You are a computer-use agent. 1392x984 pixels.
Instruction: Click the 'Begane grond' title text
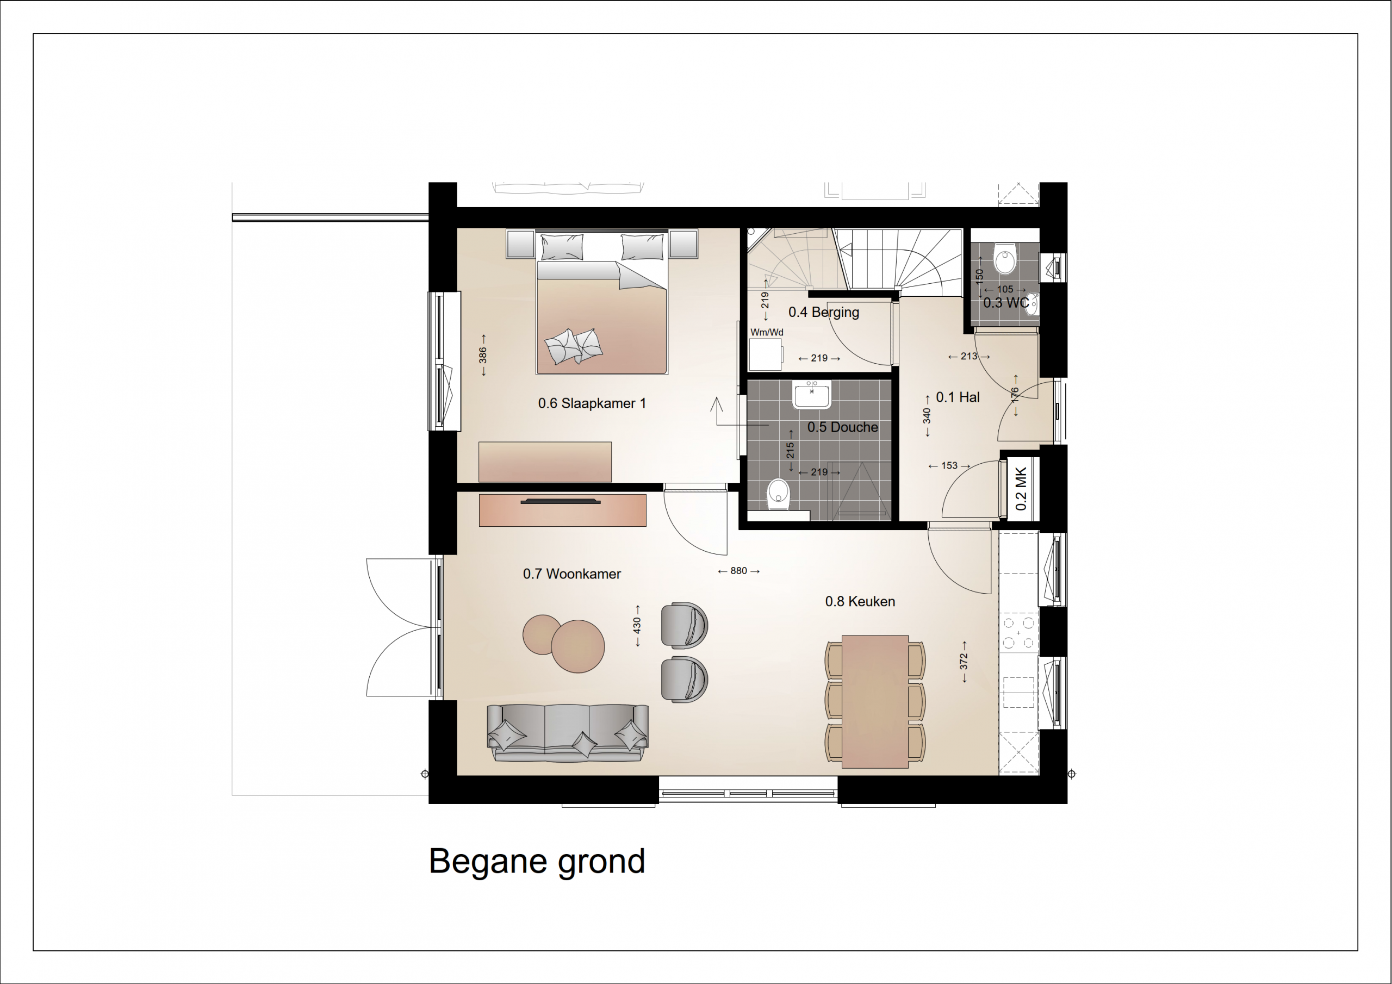pos(537,862)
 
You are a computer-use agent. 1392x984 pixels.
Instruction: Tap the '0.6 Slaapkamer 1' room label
pos(592,403)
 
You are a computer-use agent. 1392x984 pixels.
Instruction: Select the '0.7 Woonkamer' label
pos(571,574)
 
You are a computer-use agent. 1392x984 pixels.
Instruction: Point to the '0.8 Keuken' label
pos(860,601)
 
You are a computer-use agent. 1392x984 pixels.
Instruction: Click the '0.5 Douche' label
pos(842,427)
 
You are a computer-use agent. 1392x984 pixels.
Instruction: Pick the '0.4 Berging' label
pos(823,312)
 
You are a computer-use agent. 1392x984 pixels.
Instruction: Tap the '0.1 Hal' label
pos(958,397)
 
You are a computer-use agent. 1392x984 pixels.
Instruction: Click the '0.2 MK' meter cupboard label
pos(1021,489)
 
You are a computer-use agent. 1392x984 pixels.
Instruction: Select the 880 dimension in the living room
pos(738,570)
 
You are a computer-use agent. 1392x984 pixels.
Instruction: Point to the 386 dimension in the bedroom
pos(483,354)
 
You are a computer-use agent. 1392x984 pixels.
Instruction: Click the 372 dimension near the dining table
pos(964,662)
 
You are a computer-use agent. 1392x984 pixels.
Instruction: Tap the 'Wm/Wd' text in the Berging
pos(767,332)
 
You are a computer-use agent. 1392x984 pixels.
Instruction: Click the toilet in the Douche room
pos(778,494)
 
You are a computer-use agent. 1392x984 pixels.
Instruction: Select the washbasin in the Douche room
pos(812,395)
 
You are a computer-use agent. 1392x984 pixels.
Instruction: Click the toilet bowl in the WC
pos(1005,259)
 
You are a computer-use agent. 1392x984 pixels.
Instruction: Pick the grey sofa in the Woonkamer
pos(568,733)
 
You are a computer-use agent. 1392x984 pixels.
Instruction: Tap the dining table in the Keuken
pos(875,701)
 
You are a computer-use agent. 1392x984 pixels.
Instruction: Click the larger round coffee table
pos(578,646)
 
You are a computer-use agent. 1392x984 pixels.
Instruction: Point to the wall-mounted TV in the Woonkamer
pos(561,501)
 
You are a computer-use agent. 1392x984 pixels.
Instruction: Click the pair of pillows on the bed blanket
pos(574,346)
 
